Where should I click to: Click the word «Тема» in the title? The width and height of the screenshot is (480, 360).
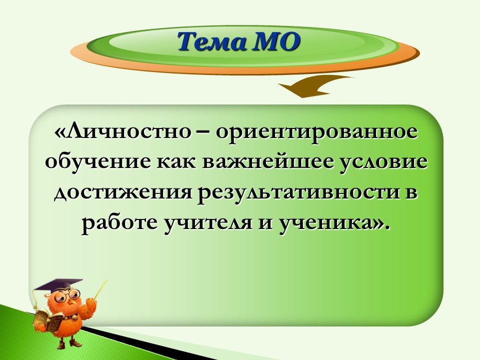point(211,42)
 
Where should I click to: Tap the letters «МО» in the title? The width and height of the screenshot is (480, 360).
point(275,42)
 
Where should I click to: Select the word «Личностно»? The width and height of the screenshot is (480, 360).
point(123,132)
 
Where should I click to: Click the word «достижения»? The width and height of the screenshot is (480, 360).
point(123,193)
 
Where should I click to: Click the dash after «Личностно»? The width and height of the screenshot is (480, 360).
point(203,133)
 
